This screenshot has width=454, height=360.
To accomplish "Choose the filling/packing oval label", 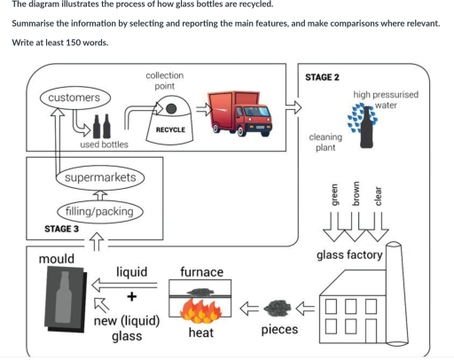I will [x=97, y=212].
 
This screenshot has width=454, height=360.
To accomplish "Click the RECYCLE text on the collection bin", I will [x=170, y=129].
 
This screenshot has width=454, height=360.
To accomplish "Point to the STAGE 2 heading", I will [x=322, y=77].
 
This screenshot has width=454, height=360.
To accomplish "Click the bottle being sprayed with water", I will [x=360, y=125].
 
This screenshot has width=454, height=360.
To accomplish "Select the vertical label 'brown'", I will [x=356, y=193].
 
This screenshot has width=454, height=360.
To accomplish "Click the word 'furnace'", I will [x=201, y=271].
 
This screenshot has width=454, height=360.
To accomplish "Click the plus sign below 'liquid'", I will [x=131, y=296].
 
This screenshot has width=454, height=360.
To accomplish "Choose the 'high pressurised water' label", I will [x=386, y=99].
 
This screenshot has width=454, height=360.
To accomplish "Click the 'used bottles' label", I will [x=105, y=144].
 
